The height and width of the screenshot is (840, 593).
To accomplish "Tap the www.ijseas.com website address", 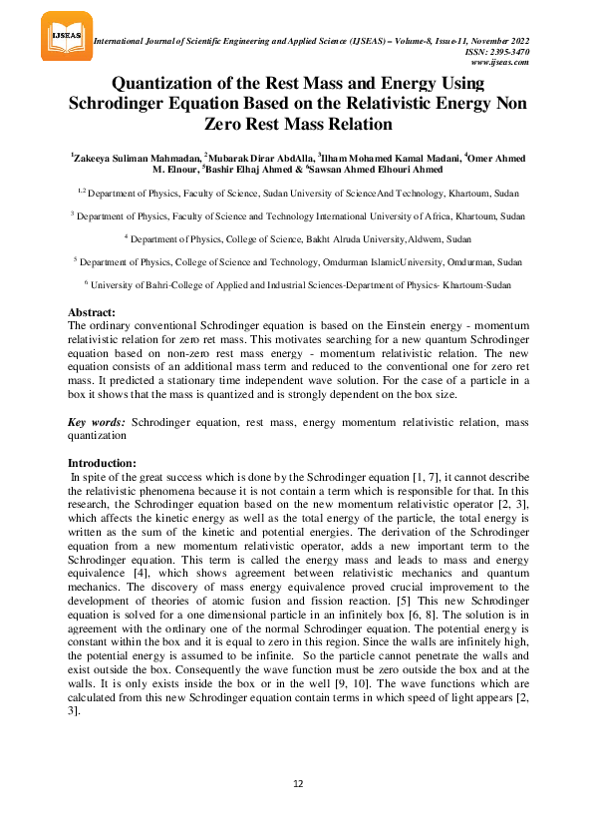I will (503, 62).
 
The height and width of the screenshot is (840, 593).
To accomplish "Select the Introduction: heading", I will (101, 464).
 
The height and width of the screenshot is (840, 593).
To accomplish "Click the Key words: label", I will (96, 422).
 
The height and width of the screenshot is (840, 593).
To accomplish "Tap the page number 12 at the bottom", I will (297, 784).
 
